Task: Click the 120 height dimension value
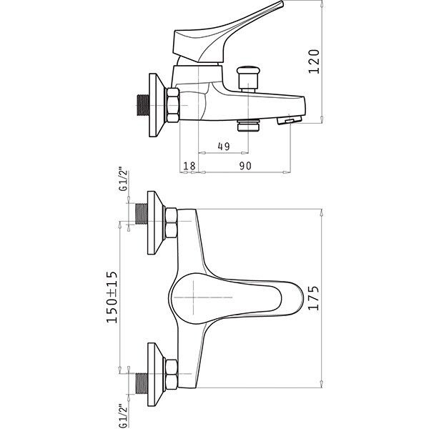(314, 61)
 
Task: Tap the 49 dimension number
(224, 147)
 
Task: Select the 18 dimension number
(189, 166)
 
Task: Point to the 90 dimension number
(245, 166)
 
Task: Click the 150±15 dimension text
(112, 297)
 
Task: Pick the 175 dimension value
(314, 298)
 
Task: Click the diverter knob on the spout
(248, 79)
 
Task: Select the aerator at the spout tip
(290, 120)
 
